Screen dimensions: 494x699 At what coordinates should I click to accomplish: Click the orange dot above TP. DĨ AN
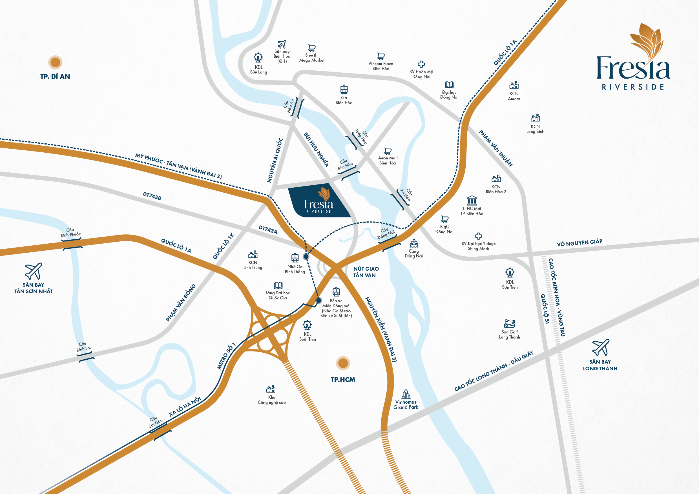[x=55, y=62]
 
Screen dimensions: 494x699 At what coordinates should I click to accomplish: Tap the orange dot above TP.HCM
[x=343, y=363]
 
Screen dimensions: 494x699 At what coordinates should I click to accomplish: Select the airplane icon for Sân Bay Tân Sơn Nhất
[x=34, y=271]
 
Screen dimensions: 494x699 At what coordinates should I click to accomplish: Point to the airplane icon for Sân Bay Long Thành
[x=601, y=347]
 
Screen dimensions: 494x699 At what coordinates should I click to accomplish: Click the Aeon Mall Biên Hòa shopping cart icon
[x=388, y=151]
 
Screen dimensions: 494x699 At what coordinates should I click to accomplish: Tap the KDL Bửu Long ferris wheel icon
[x=258, y=57]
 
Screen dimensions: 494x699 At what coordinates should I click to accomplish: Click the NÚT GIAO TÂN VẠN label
[x=366, y=272]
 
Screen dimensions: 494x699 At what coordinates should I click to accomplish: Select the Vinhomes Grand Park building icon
[x=406, y=394]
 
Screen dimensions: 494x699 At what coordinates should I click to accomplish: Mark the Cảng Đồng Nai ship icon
[x=414, y=244]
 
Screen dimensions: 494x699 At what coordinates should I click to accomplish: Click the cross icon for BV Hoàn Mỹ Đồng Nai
[x=421, y=64]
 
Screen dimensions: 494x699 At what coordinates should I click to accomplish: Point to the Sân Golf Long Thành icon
[x=509, y=323]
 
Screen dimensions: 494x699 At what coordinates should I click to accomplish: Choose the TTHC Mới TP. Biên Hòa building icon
[x=472, y=201]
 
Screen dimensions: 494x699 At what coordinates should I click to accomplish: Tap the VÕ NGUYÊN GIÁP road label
[x=579, y=243]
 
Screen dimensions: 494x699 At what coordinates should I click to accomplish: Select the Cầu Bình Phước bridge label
[x=71, y=233]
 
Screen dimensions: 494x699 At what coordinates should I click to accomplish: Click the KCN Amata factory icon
[x=514, y=85]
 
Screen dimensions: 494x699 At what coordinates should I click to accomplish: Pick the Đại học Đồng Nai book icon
[x=449, y=85]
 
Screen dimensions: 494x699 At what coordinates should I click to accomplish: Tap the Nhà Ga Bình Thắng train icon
[x=295, y=258]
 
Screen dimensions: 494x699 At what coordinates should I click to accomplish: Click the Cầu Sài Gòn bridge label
[x=155, y=422]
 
